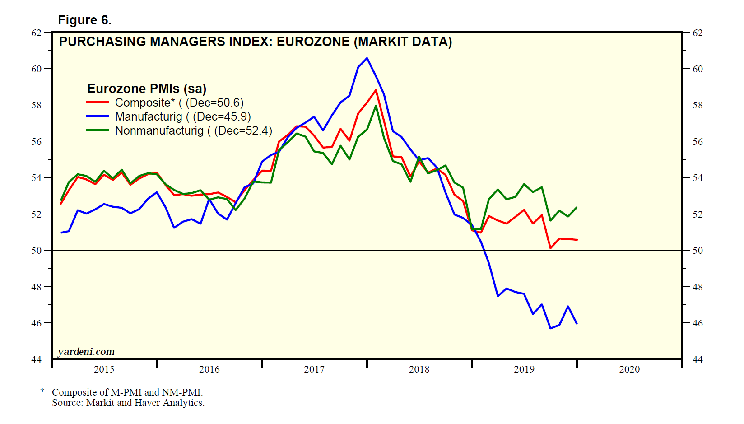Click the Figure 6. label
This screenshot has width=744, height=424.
tap(85, 20)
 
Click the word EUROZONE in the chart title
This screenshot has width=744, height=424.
tap(313, 42)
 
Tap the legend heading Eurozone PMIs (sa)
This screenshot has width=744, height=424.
tap(147, 89)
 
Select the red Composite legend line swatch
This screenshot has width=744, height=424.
tap(98, 103)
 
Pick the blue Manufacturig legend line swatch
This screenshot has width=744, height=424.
tap(98, 117)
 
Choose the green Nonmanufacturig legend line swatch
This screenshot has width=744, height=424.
tap(98, 131)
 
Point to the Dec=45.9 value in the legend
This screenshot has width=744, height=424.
tap(221, 117)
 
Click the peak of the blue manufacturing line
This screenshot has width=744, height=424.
tap(367, 58)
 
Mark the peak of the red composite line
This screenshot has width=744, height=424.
tap(376, 90)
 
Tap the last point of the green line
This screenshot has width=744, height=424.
tap(577, 208)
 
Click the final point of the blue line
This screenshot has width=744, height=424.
tap(577, 323)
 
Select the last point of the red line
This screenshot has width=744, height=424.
tap(577, 240)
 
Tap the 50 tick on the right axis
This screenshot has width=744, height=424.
tap(697, 251)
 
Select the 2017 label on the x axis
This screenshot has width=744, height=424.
tap(314, 369)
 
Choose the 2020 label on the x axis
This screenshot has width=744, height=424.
tap(629, 369)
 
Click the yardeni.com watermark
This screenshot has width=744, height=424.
tap(86, 352)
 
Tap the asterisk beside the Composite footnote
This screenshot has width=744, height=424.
tap(42, 391)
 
